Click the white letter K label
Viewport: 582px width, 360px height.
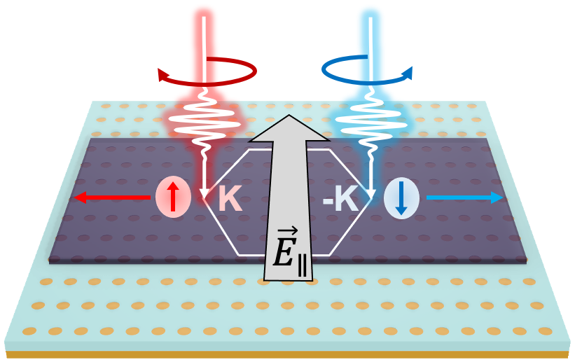[230, 200]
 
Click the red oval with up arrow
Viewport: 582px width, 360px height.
[172, 198]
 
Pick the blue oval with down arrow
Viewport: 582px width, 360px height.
[401, 198]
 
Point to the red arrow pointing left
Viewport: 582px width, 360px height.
[112, 198]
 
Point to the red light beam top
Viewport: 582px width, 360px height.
[205, 14]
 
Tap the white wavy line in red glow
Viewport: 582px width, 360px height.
[203, 122]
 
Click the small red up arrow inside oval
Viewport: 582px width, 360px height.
[172, 198]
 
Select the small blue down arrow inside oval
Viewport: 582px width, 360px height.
[401, 200]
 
